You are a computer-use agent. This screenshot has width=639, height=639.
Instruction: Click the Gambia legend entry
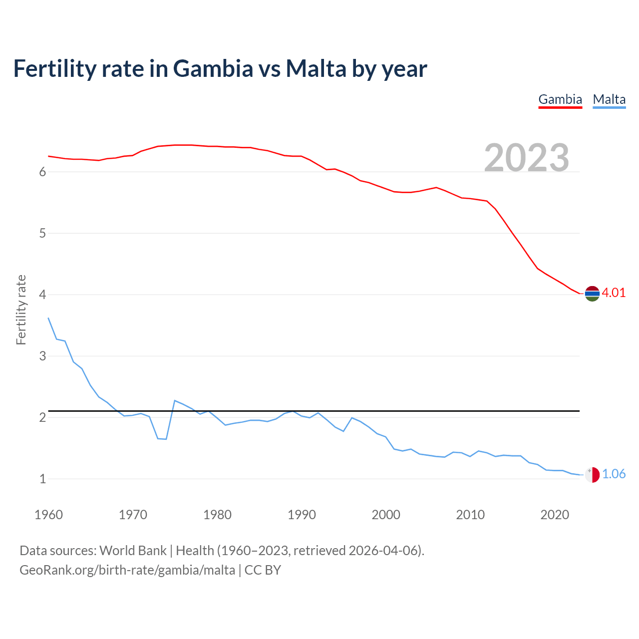click(x=560, y=99)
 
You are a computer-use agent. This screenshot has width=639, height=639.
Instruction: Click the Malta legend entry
click(x=609, y=99)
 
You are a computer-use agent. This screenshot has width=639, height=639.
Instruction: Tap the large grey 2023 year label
click(x=526, y=158)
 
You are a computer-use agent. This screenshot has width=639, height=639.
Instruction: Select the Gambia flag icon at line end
click(x=592, y=294)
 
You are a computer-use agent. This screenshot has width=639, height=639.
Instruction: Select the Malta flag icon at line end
click(x=592, y=475)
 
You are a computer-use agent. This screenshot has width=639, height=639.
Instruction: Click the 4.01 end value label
click(x=614, y=293)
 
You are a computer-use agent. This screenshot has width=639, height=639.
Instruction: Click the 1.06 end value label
click(x=614, y=474)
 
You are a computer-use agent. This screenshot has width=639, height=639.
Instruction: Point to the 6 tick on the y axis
click(x=42, y=172)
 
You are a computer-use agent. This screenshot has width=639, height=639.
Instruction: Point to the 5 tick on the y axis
click(x=42, y=234)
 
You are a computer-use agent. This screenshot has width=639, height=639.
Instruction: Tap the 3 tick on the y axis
click(x=42, y=356)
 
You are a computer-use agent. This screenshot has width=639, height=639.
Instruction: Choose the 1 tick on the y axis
click(x=42, y=479)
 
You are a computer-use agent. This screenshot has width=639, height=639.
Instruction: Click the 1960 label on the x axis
click(x=48, y=515)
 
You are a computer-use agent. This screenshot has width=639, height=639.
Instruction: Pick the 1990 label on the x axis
click(x=302, y=515)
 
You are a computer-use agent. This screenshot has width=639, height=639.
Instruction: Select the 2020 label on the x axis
click(x=555, y=515)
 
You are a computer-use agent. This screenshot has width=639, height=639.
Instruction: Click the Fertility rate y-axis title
click(x=21, y=310)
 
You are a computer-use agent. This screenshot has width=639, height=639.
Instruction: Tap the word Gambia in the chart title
click(x=213, y=69)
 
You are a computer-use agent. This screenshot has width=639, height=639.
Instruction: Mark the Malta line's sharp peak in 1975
click(x=175, y=400)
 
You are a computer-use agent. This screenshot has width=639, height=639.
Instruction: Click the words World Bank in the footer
click(x=133, y=551)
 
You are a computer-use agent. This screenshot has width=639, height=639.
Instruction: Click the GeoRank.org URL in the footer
click(x=127, y=570)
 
